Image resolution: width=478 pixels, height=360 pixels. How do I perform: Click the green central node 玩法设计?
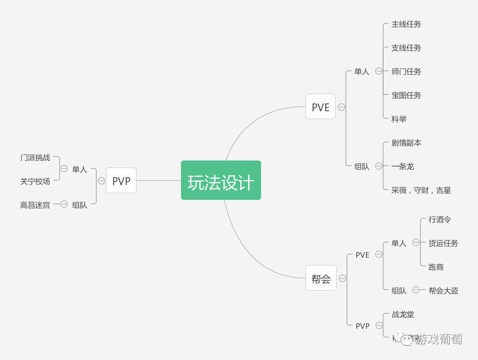click(221, 181)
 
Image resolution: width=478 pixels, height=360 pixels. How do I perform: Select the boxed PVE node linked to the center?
click(320, 107)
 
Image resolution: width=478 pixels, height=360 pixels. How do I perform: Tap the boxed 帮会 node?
click(321, 278)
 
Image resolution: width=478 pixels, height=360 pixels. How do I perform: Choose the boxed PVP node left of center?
click(121, 181)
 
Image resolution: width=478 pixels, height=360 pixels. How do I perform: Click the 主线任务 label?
click(406, 24)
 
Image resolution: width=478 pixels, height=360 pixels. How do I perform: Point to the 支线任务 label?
click(406, 48)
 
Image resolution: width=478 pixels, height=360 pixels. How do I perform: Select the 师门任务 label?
click(406, 72)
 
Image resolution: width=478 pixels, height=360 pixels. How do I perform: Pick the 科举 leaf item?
click(399, 119)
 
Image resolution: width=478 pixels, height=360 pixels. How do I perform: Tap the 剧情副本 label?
click(406, 143)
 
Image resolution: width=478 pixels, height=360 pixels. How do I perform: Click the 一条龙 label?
click(402, 166)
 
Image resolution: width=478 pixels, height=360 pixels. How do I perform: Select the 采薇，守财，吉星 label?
click(421, 190)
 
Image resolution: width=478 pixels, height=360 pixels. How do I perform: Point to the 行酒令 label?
click(439, 219)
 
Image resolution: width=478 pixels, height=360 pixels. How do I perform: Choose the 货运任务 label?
click(443, 243)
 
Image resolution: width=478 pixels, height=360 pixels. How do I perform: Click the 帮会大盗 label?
click(443, 291)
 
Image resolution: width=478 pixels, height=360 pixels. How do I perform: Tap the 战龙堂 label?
click(403, 314)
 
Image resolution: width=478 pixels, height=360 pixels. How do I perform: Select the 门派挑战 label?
click(35, 158)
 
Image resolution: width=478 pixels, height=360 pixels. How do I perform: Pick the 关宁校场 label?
click(35, 181)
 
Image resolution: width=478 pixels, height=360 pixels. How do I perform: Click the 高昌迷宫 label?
click(35, 205)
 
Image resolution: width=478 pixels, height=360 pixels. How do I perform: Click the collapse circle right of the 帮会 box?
click(342, 278)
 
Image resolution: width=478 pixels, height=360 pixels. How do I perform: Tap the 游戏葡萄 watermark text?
click(438, 339)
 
